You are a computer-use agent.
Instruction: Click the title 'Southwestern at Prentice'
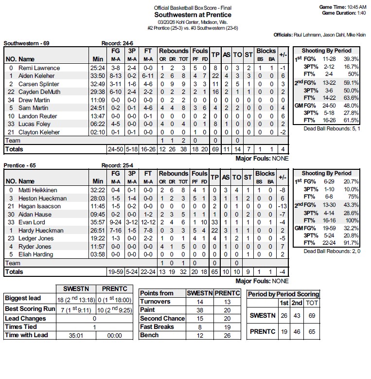(193, 15)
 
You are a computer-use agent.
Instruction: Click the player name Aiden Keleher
(36, 76)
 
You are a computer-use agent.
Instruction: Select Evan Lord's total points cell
(215, 222)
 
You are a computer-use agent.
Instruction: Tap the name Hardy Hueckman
(41, 231)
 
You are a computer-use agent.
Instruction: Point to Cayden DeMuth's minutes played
(97, 92)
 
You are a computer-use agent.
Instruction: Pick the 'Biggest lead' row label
(23, 298)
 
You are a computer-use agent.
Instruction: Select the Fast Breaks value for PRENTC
(227, 327)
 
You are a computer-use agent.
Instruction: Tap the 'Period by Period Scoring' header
(283, 294)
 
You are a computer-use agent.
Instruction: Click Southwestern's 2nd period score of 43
(297, 315)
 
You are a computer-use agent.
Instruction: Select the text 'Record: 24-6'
(118, 43)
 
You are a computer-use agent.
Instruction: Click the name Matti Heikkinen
(38, 190)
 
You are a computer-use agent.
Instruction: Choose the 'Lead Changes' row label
(25, 318)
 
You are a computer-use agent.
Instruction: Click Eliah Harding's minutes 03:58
(97, 254)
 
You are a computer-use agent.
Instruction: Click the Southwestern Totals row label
(14, 149)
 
